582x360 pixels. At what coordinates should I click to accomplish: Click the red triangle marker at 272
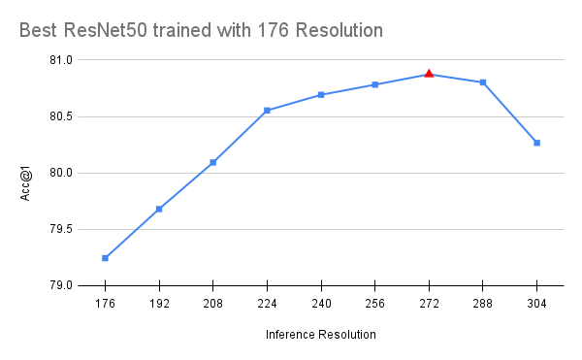[429, 74]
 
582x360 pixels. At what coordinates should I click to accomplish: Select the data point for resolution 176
[105, 258]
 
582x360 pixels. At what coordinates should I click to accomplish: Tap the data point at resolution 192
[159, 209]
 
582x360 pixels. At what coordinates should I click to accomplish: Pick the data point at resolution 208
[213, 162]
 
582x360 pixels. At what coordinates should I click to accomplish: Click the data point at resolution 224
[267, 111]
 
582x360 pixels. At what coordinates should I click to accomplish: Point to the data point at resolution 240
[321, 95]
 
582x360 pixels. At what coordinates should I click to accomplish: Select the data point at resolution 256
[374, 84]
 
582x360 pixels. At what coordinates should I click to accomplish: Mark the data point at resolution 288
[482, 82]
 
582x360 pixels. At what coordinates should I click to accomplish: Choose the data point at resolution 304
[536, 143]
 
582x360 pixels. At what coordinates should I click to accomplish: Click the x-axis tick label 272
[429, 304]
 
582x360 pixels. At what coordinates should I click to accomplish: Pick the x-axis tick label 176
[105, 304]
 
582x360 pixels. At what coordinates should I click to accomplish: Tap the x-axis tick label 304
[536, 304]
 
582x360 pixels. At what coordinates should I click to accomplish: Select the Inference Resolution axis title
[320, 335]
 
